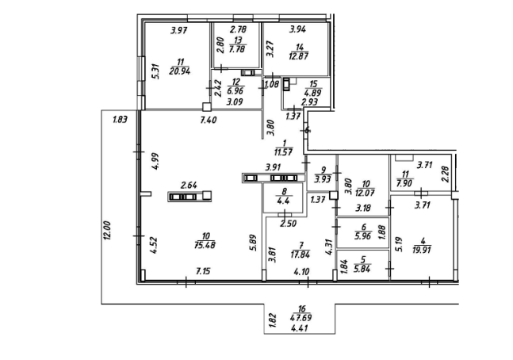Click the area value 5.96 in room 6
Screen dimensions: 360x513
(x=362, y=235)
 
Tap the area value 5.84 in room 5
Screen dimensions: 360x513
(x=362, y=268)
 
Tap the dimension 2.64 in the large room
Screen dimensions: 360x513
(x=189, y=186)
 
